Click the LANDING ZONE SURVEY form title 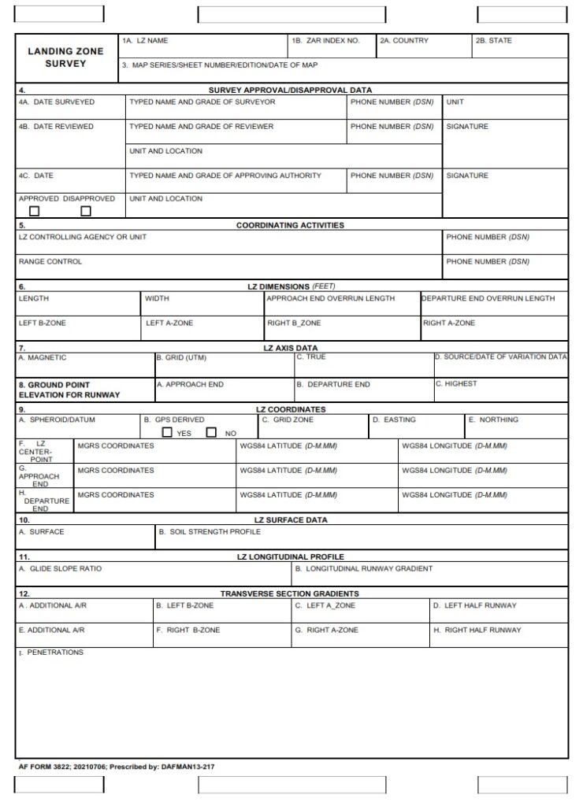tap(65, 57)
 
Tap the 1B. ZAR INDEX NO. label tap(325, 40)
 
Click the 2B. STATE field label tap(493, 40)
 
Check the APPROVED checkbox tap(35, 211)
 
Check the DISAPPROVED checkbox tap(86, 211)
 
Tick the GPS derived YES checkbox tap(167, 432)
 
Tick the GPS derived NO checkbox tap(211, 432)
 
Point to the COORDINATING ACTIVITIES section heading tap(290, 225)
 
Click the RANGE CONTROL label tap(50, 261)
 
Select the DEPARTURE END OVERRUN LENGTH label tap(488, 298)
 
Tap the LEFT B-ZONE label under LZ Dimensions tap(43, 323)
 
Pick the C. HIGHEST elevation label tap(456, 383)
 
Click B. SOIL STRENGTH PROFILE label tap(210, 531)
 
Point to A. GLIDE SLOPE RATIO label tap(60, 568)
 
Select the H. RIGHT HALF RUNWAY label tap(477, 630)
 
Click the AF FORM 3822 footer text tap(117, 766)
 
